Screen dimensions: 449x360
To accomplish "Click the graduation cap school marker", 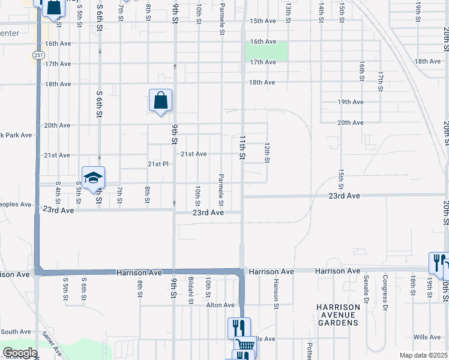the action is [94, 178].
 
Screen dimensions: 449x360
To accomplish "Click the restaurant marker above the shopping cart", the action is [239, 328].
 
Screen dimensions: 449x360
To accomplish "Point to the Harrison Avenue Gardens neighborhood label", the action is [339, 314].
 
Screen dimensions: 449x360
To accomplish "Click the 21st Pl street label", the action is [159, 164].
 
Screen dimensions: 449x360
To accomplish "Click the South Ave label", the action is [16, 332].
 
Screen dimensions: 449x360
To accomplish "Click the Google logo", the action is [20, 353].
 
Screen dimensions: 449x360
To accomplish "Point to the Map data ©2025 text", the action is [423, 355].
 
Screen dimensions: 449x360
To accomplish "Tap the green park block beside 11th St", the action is [267, 52].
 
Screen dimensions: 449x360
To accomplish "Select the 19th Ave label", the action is [351, 102].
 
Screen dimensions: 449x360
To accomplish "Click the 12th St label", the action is [267, 152].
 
